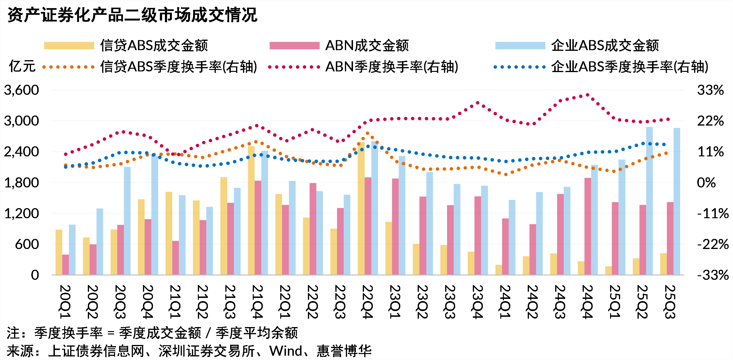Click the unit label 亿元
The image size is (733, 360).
(22, 67)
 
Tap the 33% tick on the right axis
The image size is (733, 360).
(710, 90)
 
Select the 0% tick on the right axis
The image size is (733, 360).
(706, 183)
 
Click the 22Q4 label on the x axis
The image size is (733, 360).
(367, 302)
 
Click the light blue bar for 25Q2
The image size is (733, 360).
(649, 201)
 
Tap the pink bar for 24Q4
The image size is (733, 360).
(588, 226)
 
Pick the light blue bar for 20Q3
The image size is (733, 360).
(127, 221)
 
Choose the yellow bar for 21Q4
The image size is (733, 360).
(251, 211)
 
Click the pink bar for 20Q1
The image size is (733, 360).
(65, 265)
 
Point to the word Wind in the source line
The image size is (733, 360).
(285, 351)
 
